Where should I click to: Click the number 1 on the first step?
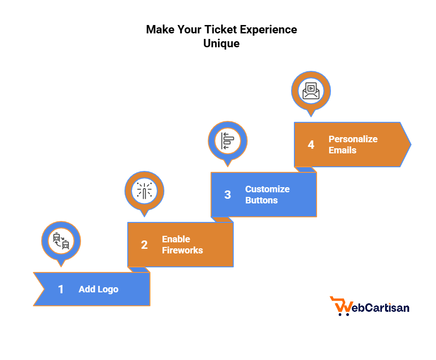[61, 290]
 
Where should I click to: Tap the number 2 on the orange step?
[144, 245]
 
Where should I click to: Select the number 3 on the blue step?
[227, 195]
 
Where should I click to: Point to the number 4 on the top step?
[311, 145]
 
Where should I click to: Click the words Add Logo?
[99, 290]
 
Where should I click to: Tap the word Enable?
[176, 239]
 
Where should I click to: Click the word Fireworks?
[182, 250]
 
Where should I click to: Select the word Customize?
[267, 189]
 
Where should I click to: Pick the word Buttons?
[262, 200]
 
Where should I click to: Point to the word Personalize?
[353, 139]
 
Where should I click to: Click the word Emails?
[343, 150]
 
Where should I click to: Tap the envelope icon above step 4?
[311, 90]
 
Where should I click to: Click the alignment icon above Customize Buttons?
[228, 140]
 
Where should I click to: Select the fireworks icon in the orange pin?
[144, 190]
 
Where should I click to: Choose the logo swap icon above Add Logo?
[61, 241]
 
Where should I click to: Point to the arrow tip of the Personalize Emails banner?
[409, 145]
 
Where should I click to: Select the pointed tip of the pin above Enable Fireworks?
[144, 215]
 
